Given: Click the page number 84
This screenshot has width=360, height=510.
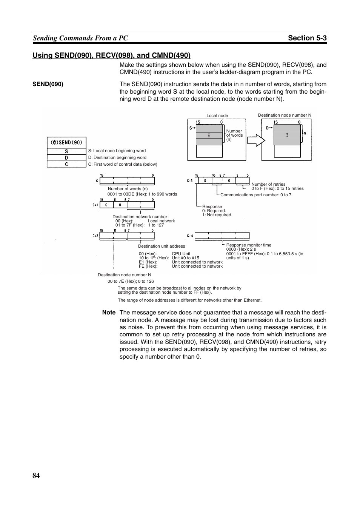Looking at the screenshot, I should [36, 476].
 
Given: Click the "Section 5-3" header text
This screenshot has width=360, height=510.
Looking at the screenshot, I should [307, 38].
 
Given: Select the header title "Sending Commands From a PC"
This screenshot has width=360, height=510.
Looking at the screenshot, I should [80, 38].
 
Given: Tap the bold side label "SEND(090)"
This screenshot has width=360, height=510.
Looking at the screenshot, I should [48, 84].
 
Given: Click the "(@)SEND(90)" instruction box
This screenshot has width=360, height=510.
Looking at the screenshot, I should [66, 143].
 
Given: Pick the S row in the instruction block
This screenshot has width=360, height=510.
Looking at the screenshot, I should [66, 151].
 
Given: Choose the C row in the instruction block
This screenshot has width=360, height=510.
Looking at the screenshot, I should [66, 164].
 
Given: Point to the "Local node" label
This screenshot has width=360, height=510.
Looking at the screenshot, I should [217, 116].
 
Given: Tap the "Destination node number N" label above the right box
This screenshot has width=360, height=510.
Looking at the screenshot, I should [285, 115].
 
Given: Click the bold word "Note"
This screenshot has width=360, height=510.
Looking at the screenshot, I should [109, 313].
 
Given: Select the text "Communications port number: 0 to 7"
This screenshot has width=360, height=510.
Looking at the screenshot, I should [256, 195].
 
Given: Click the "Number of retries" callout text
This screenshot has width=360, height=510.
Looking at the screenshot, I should [268, 184].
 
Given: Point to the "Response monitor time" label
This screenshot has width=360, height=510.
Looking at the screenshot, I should [249, 245].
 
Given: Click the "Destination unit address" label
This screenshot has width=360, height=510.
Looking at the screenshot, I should [162, 246].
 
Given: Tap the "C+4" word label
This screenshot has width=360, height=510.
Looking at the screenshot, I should [190, 236].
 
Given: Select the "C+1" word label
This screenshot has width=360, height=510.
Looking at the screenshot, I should [95, 205].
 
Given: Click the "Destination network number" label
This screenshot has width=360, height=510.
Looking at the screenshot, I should [140, 217].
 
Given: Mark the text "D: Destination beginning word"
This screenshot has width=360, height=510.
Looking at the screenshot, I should [117, 157].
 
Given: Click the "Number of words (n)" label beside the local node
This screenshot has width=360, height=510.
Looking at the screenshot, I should [234, 135].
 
